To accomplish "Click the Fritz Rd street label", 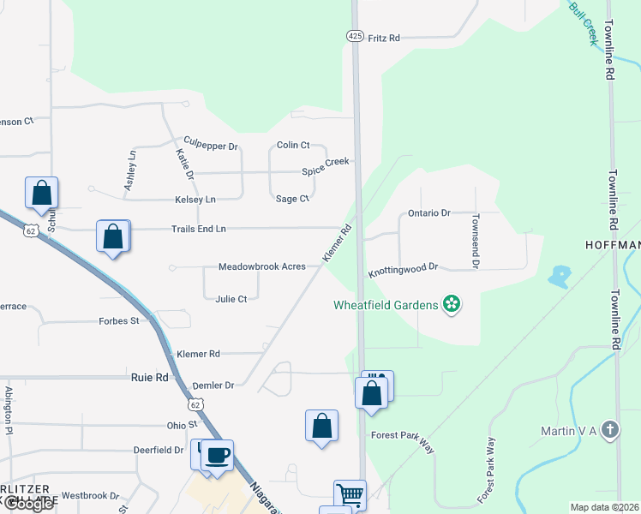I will click(384, 38).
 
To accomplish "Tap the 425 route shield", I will click(355, 35).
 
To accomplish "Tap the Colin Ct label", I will click(292, 146).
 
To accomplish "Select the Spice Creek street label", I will click(326, 167).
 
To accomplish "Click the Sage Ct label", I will click(292, 199).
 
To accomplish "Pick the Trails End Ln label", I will click(198, 229).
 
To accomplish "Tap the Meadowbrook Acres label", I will click(261, 266).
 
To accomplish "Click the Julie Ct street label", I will click(231, 299).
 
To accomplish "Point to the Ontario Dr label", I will click(428, 212).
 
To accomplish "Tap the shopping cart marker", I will click(350, 494).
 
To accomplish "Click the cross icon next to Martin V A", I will click(609, 429).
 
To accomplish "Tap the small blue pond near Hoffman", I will click(560, 276).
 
